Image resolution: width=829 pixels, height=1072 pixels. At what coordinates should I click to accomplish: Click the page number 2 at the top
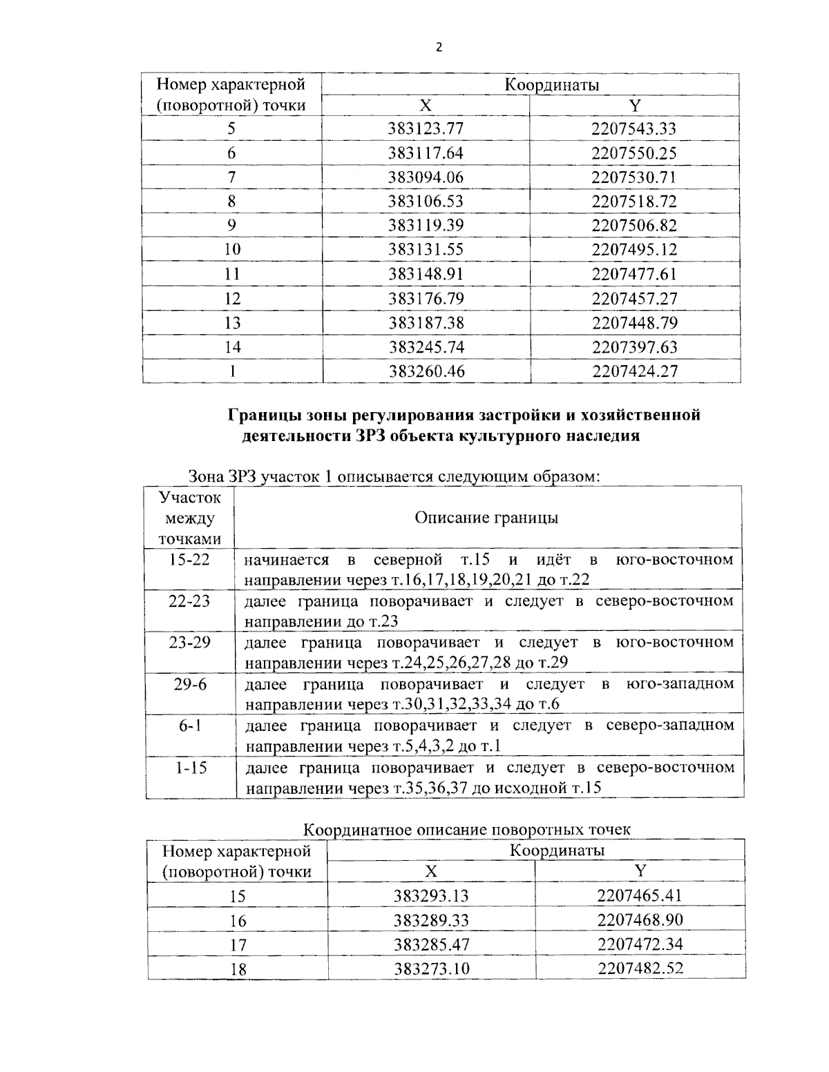pyautogui.click(x=438, y=47)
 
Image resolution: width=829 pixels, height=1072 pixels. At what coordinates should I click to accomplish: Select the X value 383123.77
pyautogui.click(x=426, y=129)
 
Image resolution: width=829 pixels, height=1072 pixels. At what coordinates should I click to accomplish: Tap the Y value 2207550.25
pyautogui.click(x=633, y=153)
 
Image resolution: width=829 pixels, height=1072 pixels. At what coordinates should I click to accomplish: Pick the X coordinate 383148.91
pyautogui.click(x=426, y=274)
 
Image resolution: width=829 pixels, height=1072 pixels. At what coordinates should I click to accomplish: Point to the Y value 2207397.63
pyautogui.click(x=634, y=347)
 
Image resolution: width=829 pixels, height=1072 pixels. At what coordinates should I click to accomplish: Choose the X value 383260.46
pyautogui.click(x=426, y=371)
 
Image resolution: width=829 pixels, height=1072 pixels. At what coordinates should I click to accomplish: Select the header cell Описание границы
pyautogui.click(x=486, y=518)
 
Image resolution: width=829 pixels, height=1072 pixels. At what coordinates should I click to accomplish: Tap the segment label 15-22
pyautogui.click(x=189, y=559)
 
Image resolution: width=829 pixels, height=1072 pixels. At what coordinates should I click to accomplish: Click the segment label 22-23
pyautogui.click(x=189, y=601)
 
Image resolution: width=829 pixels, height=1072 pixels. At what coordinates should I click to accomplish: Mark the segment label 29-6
pyautogui.click(x=189, y=684)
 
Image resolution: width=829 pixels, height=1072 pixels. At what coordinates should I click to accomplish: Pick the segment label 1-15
pyautogui.click(x=189, y=768)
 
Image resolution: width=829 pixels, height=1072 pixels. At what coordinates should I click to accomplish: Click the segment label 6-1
pyautogui.click(x=189, y=725)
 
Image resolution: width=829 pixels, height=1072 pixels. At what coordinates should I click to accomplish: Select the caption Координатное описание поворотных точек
pyautogui.click(x=468, y=828)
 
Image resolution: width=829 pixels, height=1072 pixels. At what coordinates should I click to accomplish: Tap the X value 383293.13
pyautogui.click(x=431, y=896)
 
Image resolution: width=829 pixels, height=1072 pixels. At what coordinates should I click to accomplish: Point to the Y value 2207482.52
pyautogui.click(x=640, y=968)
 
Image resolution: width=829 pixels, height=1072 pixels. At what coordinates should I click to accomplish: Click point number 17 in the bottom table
pyautogui.click(x=238, y=945)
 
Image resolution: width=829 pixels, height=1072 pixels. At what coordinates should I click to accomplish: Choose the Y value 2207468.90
pyautogui.click(x=640, y=920)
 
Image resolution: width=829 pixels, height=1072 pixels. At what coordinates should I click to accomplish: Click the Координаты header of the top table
pyautogui.click(x=551, y=85)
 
